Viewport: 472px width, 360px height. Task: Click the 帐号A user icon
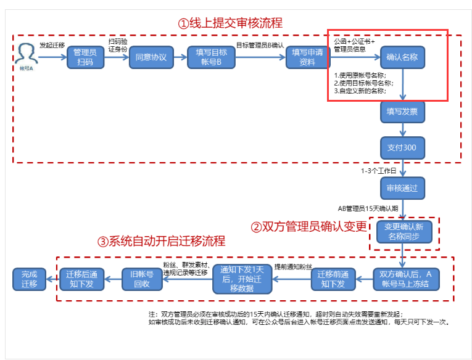[25, 54]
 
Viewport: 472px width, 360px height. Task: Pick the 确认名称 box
[402, 57]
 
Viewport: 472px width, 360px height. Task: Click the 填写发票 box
[402, 112]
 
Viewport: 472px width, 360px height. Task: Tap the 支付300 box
[402, 148]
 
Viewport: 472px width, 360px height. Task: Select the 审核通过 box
[402, 187]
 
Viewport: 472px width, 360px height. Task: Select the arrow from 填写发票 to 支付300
[402, 129]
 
